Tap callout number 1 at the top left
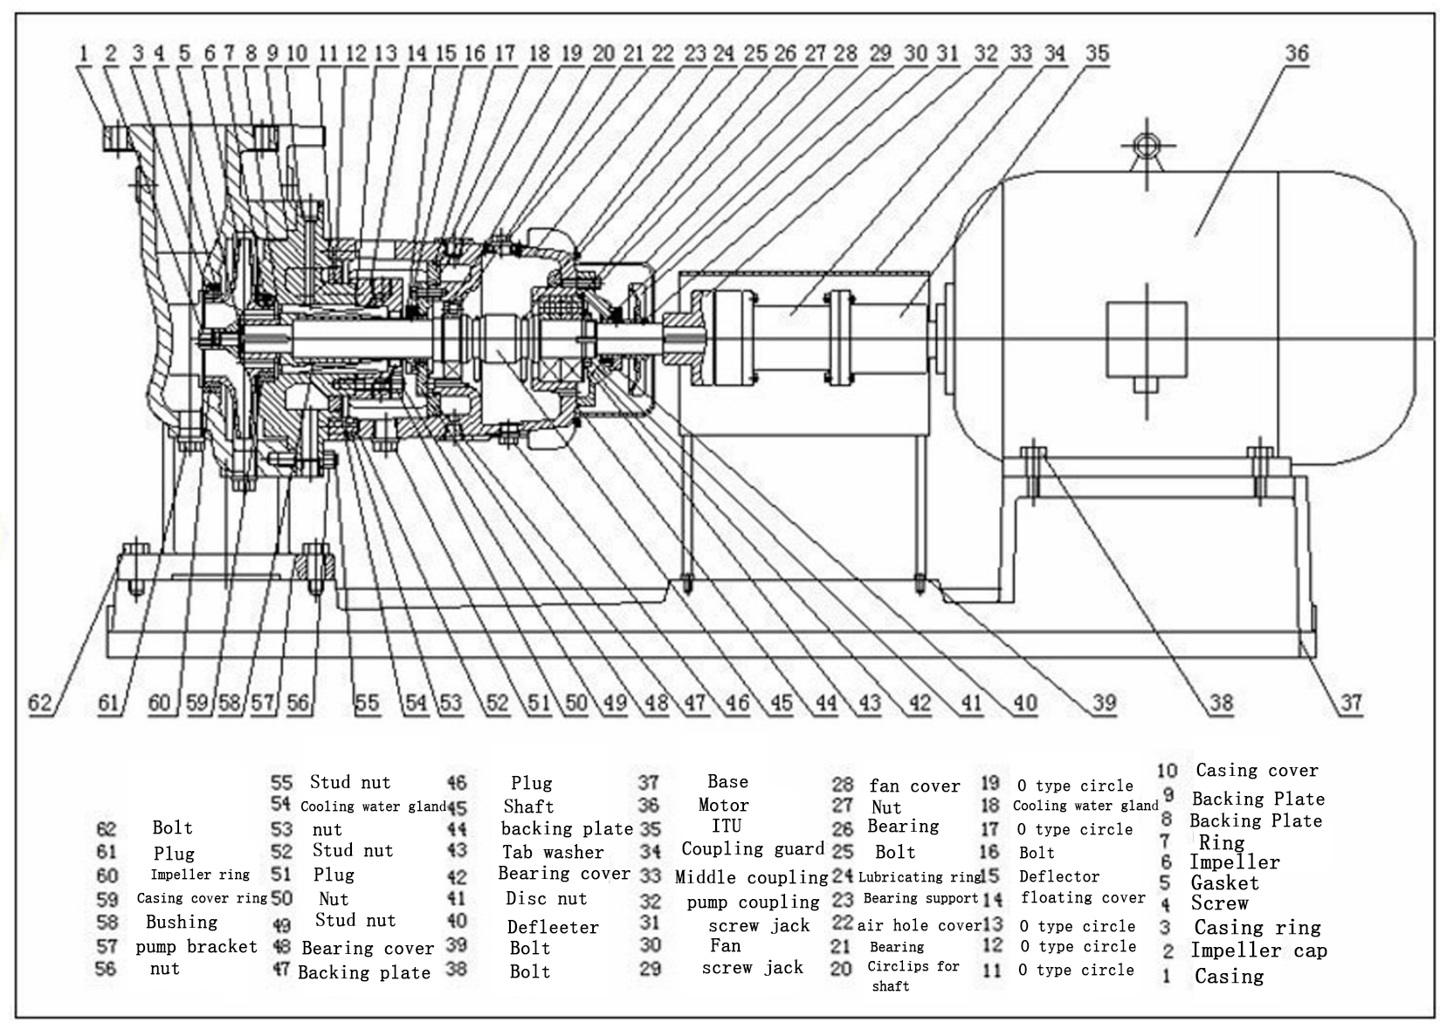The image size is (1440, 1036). coord(83,53)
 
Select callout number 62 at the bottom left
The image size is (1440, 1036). coord(40,703)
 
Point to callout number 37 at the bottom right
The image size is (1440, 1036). coord(1351,703)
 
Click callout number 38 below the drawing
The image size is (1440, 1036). coord(1222,703)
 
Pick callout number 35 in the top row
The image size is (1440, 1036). coord(1098,53)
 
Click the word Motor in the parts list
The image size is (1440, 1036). coord(724,805)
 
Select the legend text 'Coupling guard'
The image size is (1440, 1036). coord(753,849)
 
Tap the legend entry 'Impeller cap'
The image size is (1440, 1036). coord(1258,950)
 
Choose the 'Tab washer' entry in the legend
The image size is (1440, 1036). coord(553,852)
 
